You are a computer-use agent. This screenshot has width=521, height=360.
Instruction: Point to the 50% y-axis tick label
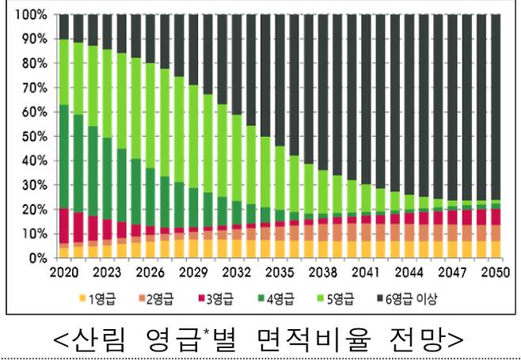coord(31,136)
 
